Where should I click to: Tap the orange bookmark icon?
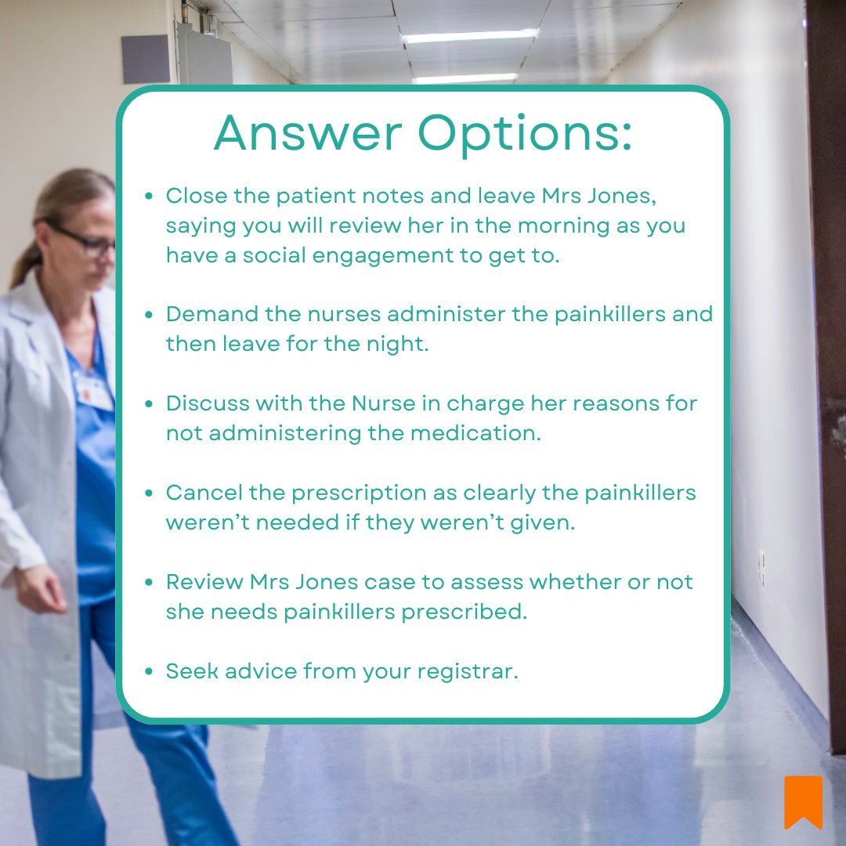point(803,801)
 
